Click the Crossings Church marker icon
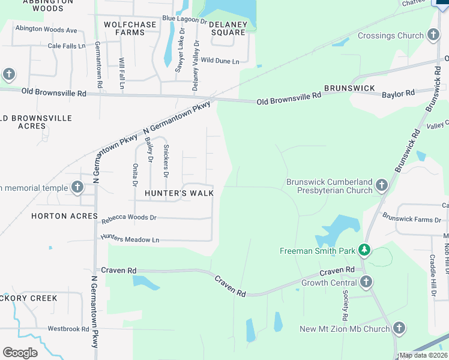(432, 35)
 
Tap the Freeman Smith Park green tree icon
(363, 249)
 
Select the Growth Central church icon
(366, 282)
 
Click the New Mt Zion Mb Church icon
(399, 328)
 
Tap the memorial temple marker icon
(77, 188)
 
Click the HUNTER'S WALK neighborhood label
(179, 193)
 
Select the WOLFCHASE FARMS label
(130, 28)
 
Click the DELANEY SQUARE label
(228, 28)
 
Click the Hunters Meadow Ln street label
(130, 239)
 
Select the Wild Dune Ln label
(220, 61)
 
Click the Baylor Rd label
(398, 94)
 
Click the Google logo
(20, 353)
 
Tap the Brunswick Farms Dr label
(412, 220)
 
